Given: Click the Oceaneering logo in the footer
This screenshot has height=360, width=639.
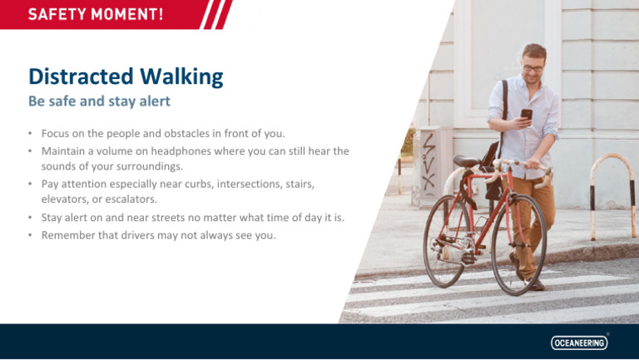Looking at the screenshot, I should [580, 343].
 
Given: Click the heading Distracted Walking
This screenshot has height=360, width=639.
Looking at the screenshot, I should [126, 77].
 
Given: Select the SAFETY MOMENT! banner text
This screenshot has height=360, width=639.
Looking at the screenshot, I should [96, 14].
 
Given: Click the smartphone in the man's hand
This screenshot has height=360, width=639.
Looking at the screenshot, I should [526, 116].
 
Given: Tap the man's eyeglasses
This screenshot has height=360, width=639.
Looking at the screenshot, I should [532, 68].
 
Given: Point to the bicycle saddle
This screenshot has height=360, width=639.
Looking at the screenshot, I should [468, 160].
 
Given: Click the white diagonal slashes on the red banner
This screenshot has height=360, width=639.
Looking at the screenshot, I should [217, 14].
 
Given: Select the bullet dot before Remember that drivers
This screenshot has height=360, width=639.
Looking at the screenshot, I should [29, 235].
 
